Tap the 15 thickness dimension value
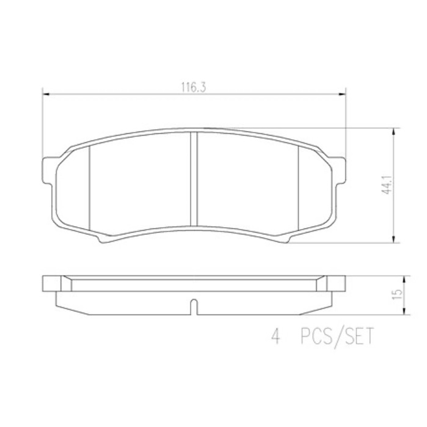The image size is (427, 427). [x=398, y=295]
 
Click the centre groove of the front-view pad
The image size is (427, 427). [x=193, y=178]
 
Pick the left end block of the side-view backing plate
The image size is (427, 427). [x=52, y=283]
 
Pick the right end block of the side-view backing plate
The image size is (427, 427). [x=336, y=283]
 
